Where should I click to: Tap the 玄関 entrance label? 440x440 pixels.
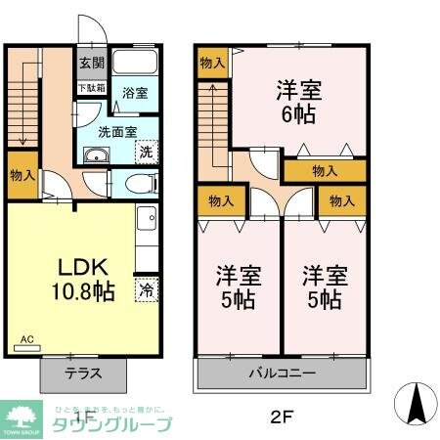[90, 65]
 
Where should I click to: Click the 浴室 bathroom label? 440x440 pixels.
[135, 94]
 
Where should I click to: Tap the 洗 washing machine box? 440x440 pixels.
[146, 153]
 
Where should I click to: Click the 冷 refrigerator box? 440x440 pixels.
[146, 290]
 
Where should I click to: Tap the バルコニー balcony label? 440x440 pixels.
[281, 373]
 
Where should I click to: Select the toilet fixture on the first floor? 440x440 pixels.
[141, 183]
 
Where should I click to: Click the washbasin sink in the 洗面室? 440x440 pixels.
[94, 159]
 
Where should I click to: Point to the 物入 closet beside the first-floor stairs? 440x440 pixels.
[23, 176]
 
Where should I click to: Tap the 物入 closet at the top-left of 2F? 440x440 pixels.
[210, 63]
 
